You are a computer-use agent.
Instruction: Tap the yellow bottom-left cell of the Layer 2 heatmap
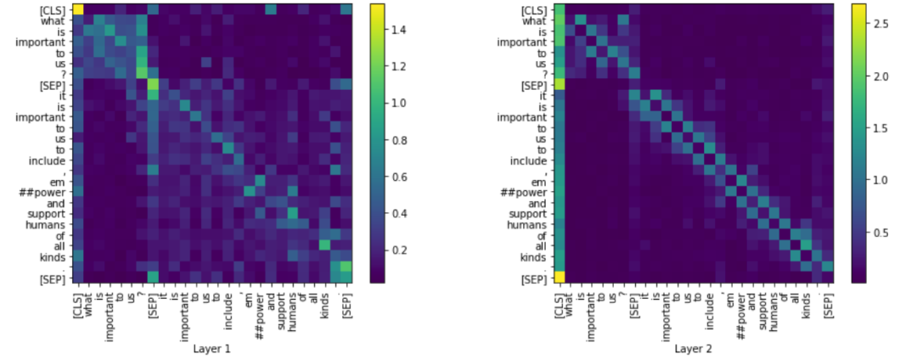pos(560,277)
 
